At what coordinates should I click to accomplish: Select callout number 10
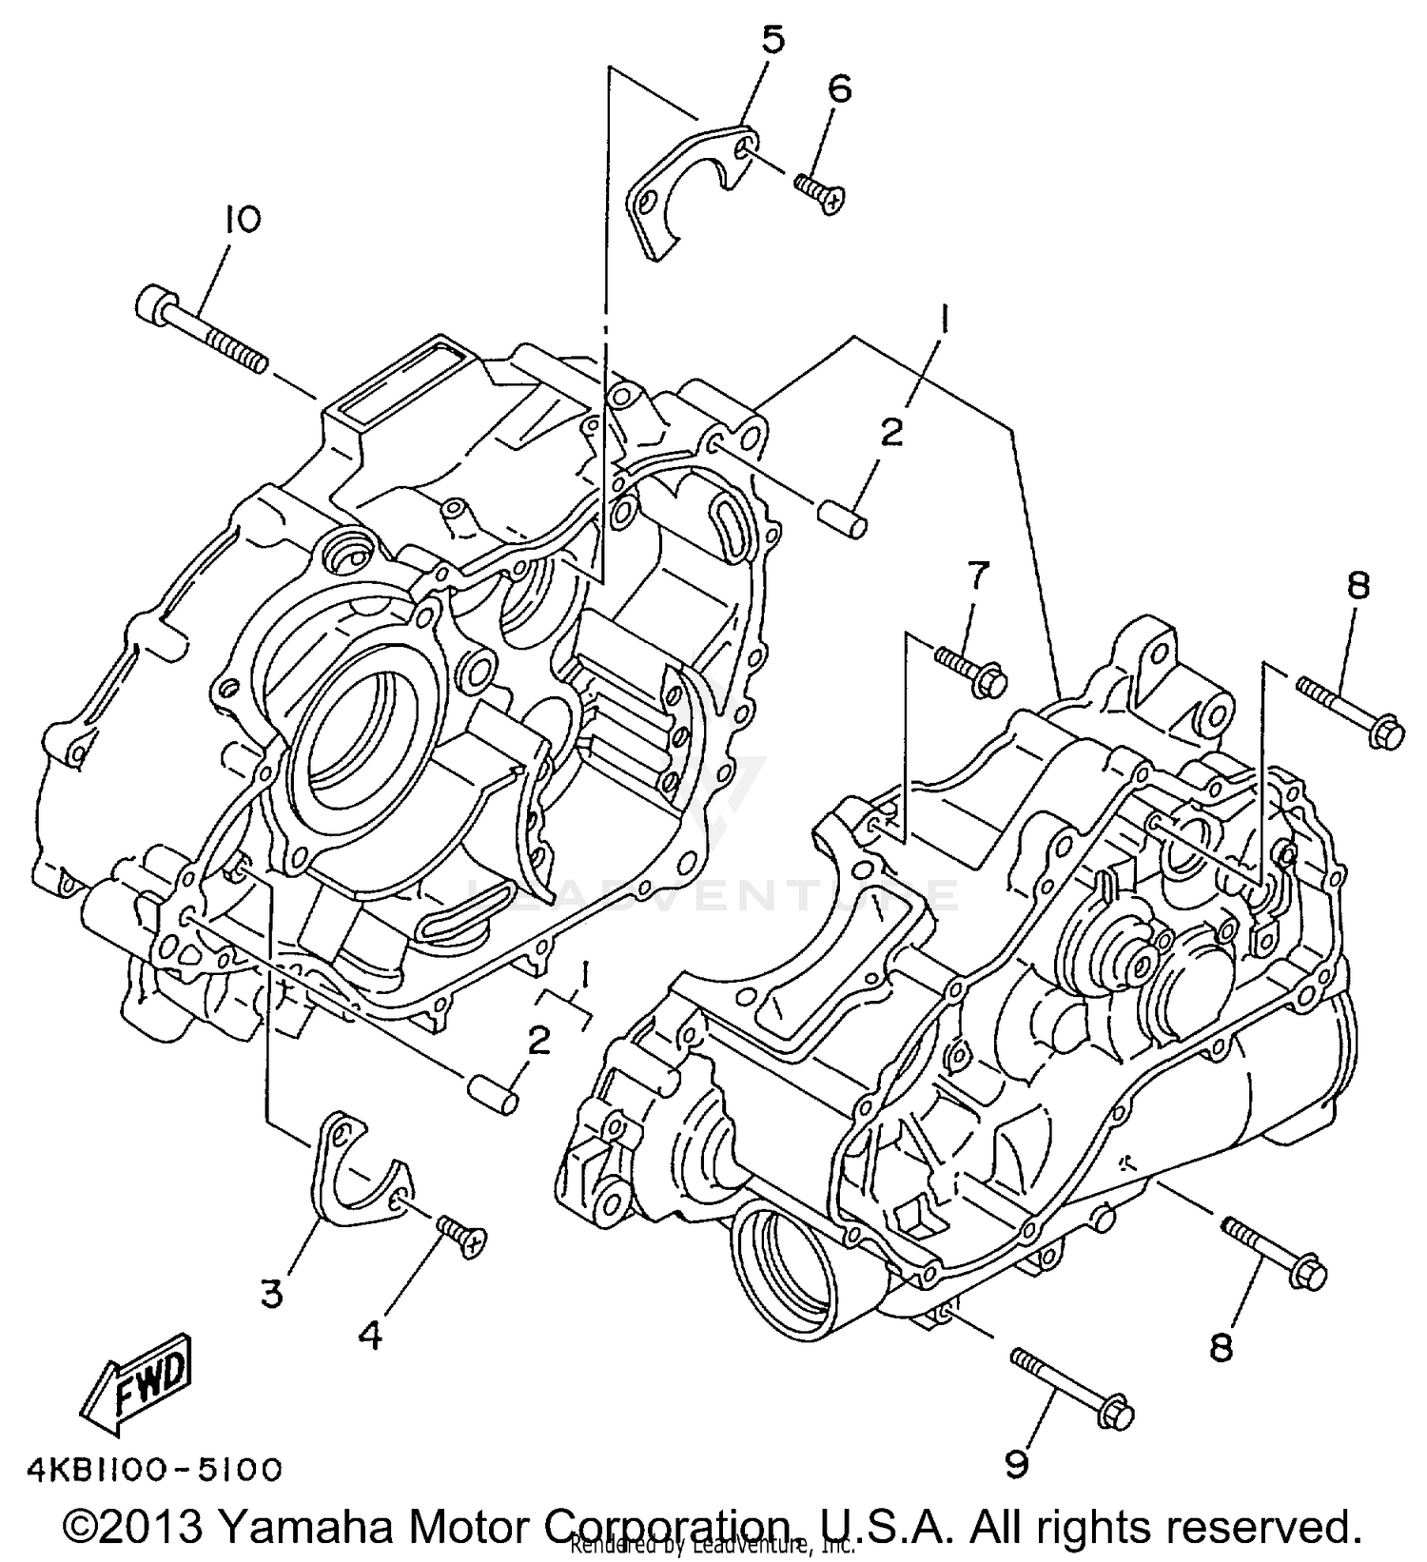pyautogui.click(x=242, y=221)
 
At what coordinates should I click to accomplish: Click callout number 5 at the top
pyautogui.click(x=772, y=43)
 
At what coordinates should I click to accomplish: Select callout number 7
pyautogui.click(x=977, y=576)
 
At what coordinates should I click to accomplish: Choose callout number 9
pyautogui.click(x=1016, y=1465)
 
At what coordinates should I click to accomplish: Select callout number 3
pyautogui.click(x=271, y=1294)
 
